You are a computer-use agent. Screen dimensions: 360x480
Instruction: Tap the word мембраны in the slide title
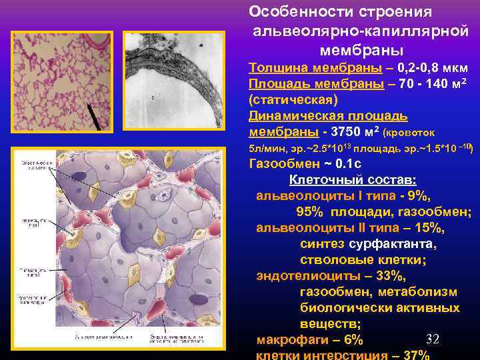click(x=351, y=50)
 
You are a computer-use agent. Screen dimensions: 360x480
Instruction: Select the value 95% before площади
click(x=310, y=212)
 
